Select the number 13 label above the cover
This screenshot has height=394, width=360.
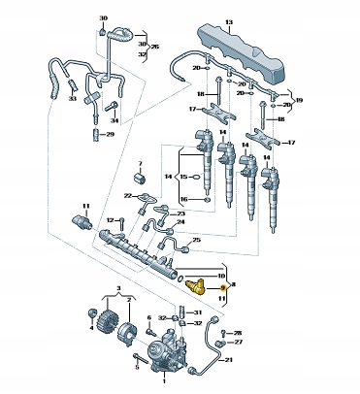point(229,22)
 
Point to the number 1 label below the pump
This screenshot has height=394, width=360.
point(164,381)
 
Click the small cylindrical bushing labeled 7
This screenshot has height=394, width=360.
point(140,179)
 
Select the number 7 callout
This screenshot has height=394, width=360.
point(140,163)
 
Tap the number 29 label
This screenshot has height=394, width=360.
point(110,134)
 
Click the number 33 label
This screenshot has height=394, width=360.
point(72,98)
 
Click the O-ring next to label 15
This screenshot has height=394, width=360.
point(196,177)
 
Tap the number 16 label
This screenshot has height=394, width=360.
point(183,200)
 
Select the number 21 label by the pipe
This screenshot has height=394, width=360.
point(229,360)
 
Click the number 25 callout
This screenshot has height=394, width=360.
point(197,240)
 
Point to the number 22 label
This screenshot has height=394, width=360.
point(128,195)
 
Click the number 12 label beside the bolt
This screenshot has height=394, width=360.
point(111,220)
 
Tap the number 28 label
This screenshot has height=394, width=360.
point(238,333)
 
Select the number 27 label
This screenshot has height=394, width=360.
point(238,342)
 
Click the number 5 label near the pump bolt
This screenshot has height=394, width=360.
point(137,367)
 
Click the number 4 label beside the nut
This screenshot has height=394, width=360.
point(91,328)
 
